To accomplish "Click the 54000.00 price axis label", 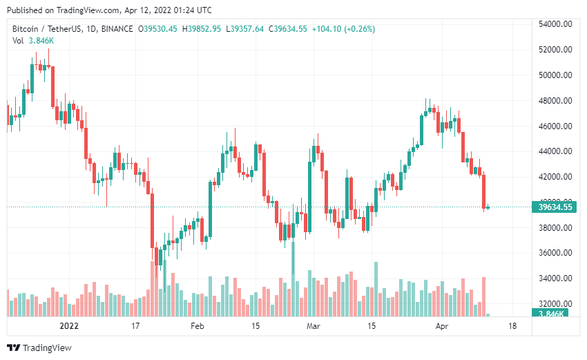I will [555, 24].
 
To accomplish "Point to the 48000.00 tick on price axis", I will [555, 101].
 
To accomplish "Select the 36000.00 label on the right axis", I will [555, 253].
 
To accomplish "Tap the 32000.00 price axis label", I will [555, 304].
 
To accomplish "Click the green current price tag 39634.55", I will [555, 207].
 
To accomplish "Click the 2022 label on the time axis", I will [69, 325].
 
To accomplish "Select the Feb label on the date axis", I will [198, 325].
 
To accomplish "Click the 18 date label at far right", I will [512, 325].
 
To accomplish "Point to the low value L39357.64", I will [246, 28].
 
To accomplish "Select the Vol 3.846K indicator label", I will [34, 41].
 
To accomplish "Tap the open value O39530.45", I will [158, 28].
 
